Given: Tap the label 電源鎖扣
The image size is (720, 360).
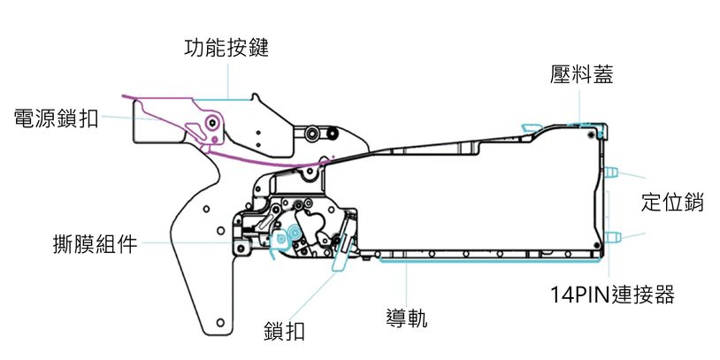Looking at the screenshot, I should (56, 119).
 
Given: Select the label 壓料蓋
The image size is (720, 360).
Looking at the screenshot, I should (581, 76).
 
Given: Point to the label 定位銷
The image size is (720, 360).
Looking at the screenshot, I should (672, 202).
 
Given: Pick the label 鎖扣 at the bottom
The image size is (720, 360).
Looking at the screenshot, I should (285, 332).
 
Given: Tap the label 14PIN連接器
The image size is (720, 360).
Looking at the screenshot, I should (609, 295).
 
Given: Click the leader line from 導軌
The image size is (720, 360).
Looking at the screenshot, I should (406, 283).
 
